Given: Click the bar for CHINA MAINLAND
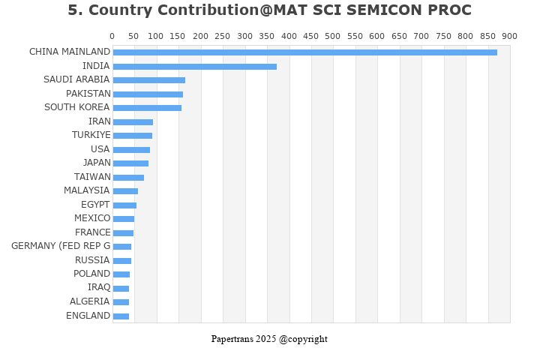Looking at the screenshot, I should click(304, 52).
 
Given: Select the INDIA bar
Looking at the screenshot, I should click(194, 67).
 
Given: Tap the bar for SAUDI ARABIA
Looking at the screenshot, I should click(148, 80).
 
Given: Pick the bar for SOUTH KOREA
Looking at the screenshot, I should click(147, 108).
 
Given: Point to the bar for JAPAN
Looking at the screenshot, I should click(130, 163).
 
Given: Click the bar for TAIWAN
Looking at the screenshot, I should click(128, 178).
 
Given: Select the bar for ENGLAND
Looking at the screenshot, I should click(121, 316).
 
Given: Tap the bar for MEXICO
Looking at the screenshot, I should click(124, 219).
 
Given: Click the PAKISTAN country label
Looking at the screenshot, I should click(88, 94).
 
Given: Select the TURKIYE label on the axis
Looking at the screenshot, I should click(91, 135).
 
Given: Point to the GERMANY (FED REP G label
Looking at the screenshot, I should click(61, 246).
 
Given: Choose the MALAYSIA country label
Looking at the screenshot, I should click(86, 190).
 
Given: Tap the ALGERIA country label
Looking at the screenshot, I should click(89, 301).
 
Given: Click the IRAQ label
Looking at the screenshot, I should click(98, 287).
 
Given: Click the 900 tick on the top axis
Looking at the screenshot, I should click(509, 36).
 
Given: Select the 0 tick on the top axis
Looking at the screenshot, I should click(112, 36).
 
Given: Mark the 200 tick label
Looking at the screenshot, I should click(200, 36).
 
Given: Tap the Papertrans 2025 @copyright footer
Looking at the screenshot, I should click(269, 339).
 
